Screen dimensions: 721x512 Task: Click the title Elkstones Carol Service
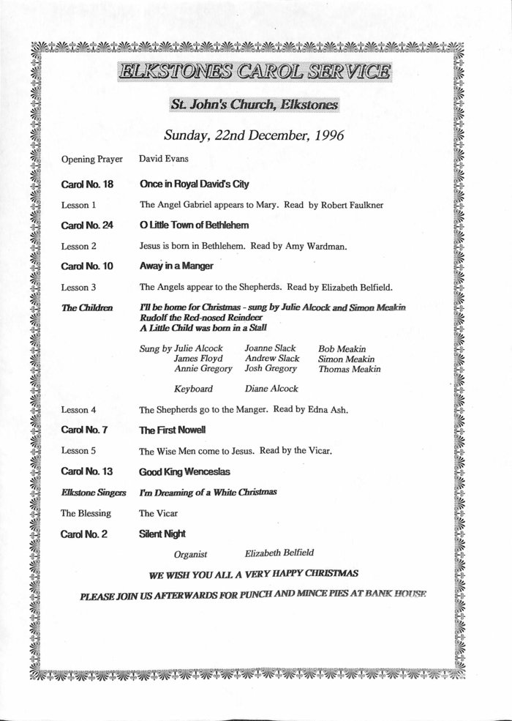click(255, 72)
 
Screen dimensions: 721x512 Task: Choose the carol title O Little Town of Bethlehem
click(194, 225)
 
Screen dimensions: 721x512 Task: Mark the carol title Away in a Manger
click(176, 266)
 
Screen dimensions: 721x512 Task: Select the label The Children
click(87, 308)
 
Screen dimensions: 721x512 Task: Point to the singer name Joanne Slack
click(270, 348)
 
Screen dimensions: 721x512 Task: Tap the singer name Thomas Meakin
click(350, 370)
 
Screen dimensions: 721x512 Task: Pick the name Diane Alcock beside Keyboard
click(271, 389)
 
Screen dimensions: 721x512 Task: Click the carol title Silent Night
click(162, 534)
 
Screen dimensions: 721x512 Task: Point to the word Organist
click(191, 555)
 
